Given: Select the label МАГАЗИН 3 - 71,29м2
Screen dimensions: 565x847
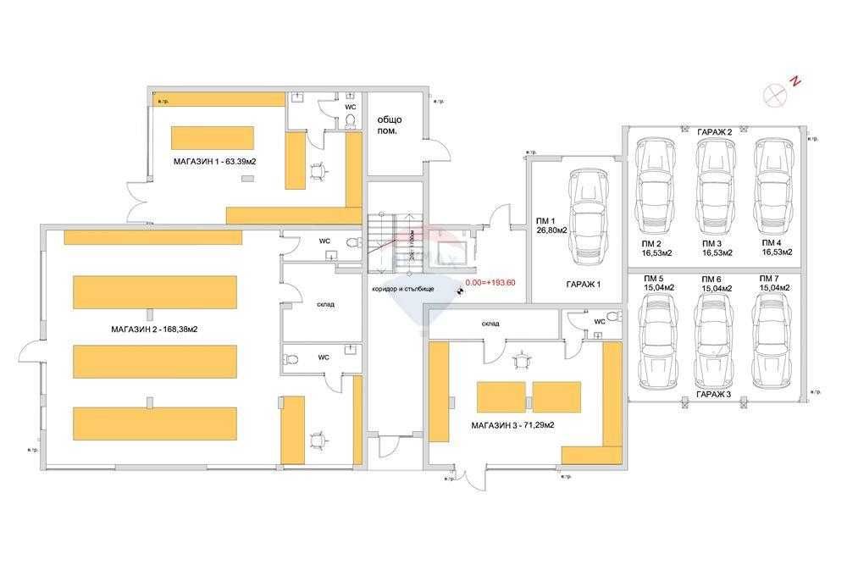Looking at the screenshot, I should (513, 424).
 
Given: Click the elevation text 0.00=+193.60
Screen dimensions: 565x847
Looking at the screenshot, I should (491, 284).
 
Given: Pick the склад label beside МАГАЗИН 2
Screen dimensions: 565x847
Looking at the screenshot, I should (325, 305).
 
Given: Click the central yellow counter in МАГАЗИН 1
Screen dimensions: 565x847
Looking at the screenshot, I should (213, 137).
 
